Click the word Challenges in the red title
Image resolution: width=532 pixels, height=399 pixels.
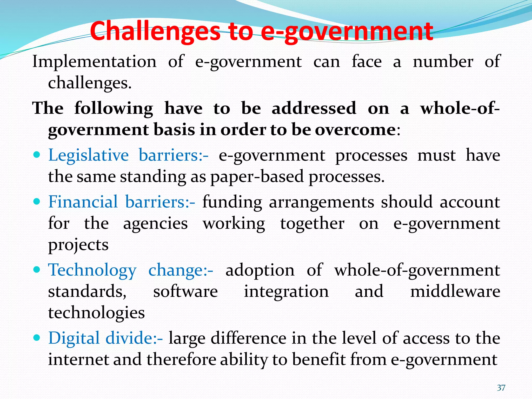click(x=155, y=32)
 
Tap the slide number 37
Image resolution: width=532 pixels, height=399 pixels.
click(x=501, y=388)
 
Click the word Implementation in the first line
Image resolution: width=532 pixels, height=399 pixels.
click(x=94, y=62)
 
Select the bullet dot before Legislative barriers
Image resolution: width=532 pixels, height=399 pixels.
click(x=37, y=155)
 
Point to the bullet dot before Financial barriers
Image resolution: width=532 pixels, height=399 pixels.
click(x=37, y=202)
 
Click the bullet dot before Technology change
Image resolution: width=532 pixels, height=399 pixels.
click(x=37, y=270)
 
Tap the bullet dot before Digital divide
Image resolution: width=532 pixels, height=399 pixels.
click(x=37, y=338)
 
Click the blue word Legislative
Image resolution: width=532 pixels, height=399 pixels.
click(x=88, y=155)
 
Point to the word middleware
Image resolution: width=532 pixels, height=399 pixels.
click(x=455, y=291)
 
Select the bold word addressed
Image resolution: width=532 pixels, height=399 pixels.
click(x=314, y=108)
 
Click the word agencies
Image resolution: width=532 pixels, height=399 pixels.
click(x=155, y=224)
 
